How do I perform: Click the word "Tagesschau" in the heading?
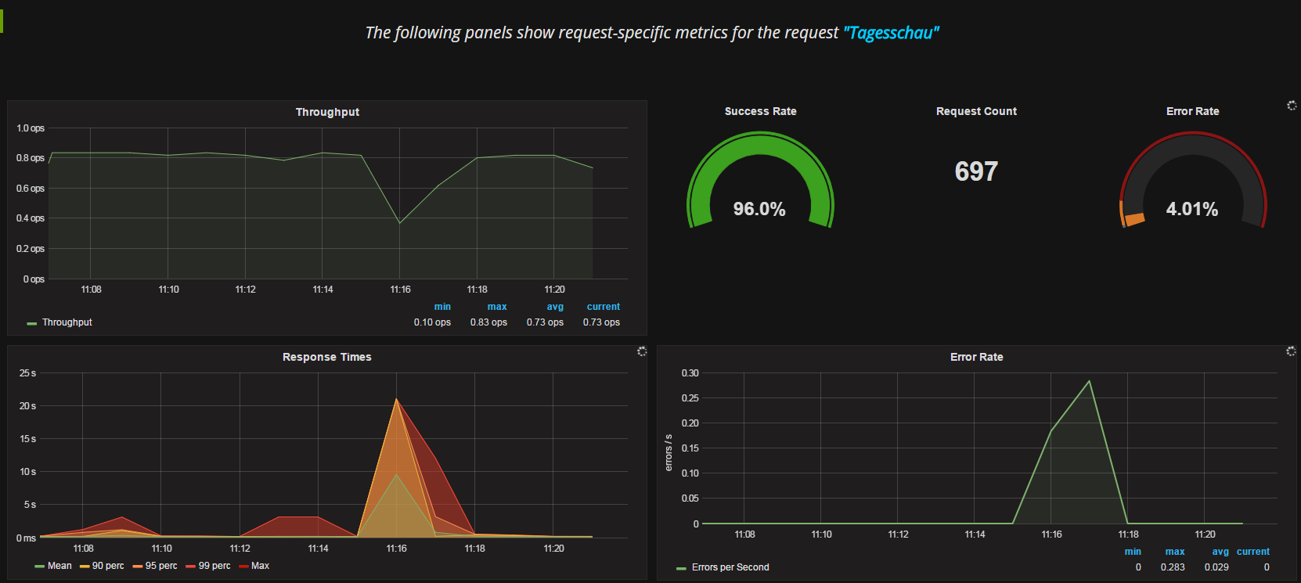pos(891,33)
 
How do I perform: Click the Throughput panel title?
pos(327,112)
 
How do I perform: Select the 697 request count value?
pos(976,171)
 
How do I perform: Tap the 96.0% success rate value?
pos(759,209)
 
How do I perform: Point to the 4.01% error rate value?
pos(1191,209)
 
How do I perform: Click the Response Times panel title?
pos(326,357)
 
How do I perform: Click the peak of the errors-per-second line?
pos(1089,381)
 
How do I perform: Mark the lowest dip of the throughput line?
pos(400,223)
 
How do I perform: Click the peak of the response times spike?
pos(396,400)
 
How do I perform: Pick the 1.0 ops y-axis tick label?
pos(31,128)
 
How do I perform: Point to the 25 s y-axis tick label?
pos(27,373)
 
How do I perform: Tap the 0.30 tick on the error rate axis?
pos(690,373)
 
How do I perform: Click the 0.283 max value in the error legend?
pos(1172,567)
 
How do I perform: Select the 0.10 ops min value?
pos(432,322)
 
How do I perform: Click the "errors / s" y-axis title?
pos(669,452)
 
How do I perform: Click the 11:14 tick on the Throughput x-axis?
pos(323,290)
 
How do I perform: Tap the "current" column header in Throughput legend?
pos(603,307)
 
